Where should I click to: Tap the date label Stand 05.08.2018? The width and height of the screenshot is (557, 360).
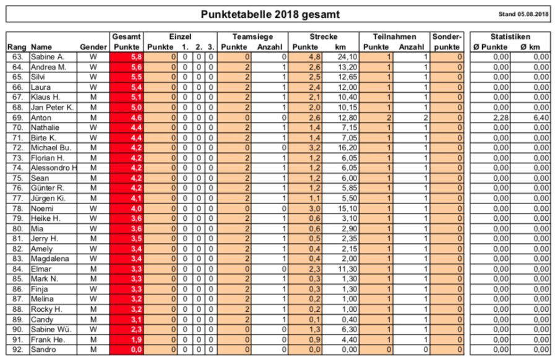click(523, 14)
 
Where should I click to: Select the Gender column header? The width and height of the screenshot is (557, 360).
click(93, 47)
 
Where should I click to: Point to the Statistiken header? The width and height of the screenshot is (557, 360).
click(510, 37)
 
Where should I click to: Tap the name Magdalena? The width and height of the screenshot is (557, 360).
click(50, 259)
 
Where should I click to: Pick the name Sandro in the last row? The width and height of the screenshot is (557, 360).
click(43, 350)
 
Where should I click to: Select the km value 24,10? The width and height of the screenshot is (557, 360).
click(342, 57)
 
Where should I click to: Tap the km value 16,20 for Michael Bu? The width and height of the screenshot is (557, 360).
click(342, 148)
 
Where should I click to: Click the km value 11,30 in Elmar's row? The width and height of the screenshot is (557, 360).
click(342, 269)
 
